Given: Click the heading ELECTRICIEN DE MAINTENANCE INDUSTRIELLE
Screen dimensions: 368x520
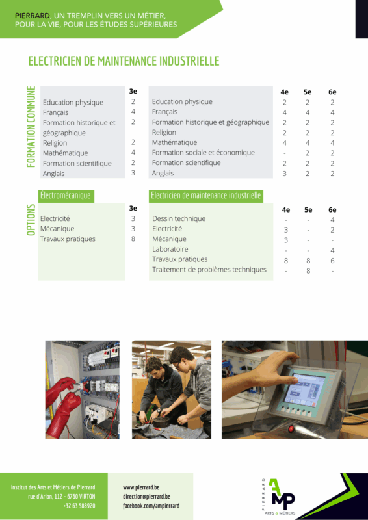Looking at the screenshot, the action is click(x=124, y=61).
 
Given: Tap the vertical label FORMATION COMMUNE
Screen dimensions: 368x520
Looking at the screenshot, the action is click(x=31, y=127).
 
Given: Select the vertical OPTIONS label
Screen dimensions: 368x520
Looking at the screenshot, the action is click(x=31, y=220).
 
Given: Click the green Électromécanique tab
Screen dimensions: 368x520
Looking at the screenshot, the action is click(x=66, y=196).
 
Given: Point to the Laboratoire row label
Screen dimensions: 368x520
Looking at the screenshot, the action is click(x=170, y=249).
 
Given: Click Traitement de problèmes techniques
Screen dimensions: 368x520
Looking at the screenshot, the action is click(x=209, y=270).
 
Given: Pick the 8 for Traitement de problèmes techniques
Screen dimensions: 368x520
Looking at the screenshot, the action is click(x=308, y=271).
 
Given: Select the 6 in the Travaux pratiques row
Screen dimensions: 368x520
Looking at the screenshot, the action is click(x=332, y=261).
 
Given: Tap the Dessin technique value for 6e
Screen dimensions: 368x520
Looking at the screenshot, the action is click(x=332, y=220).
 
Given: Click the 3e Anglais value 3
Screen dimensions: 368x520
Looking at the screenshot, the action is click(x=133, y=173).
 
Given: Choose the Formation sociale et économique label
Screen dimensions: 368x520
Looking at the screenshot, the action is click(x=204, y=153).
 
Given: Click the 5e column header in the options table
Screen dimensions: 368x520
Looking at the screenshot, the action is click(x=308, y=209).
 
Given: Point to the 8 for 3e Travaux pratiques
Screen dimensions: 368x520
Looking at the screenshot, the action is click(x=133, y=239).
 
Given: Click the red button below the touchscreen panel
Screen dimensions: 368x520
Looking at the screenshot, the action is click(x=291, y=428).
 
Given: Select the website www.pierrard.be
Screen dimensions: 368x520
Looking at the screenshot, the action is click(x=141, y=487).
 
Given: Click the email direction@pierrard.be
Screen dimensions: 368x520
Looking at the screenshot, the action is click(x=147, y=497).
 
